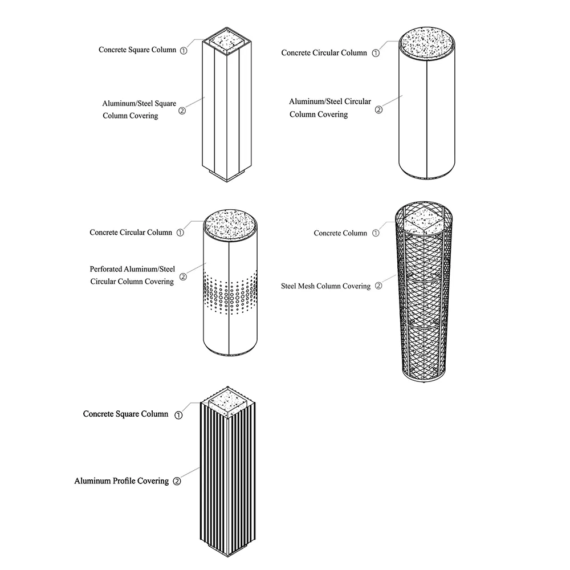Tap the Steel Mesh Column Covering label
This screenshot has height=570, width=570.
point(325,286)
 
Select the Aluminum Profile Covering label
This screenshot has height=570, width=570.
point(121,481)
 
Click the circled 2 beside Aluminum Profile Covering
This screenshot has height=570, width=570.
point(177,482)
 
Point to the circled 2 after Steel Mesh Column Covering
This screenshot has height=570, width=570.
point(378,286)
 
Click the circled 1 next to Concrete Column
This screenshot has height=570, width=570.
point(375,233)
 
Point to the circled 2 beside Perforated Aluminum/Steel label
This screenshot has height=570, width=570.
point(183,277)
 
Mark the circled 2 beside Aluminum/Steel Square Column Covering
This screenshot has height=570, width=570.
point(182,111)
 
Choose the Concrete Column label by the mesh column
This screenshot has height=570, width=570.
point(340,233)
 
